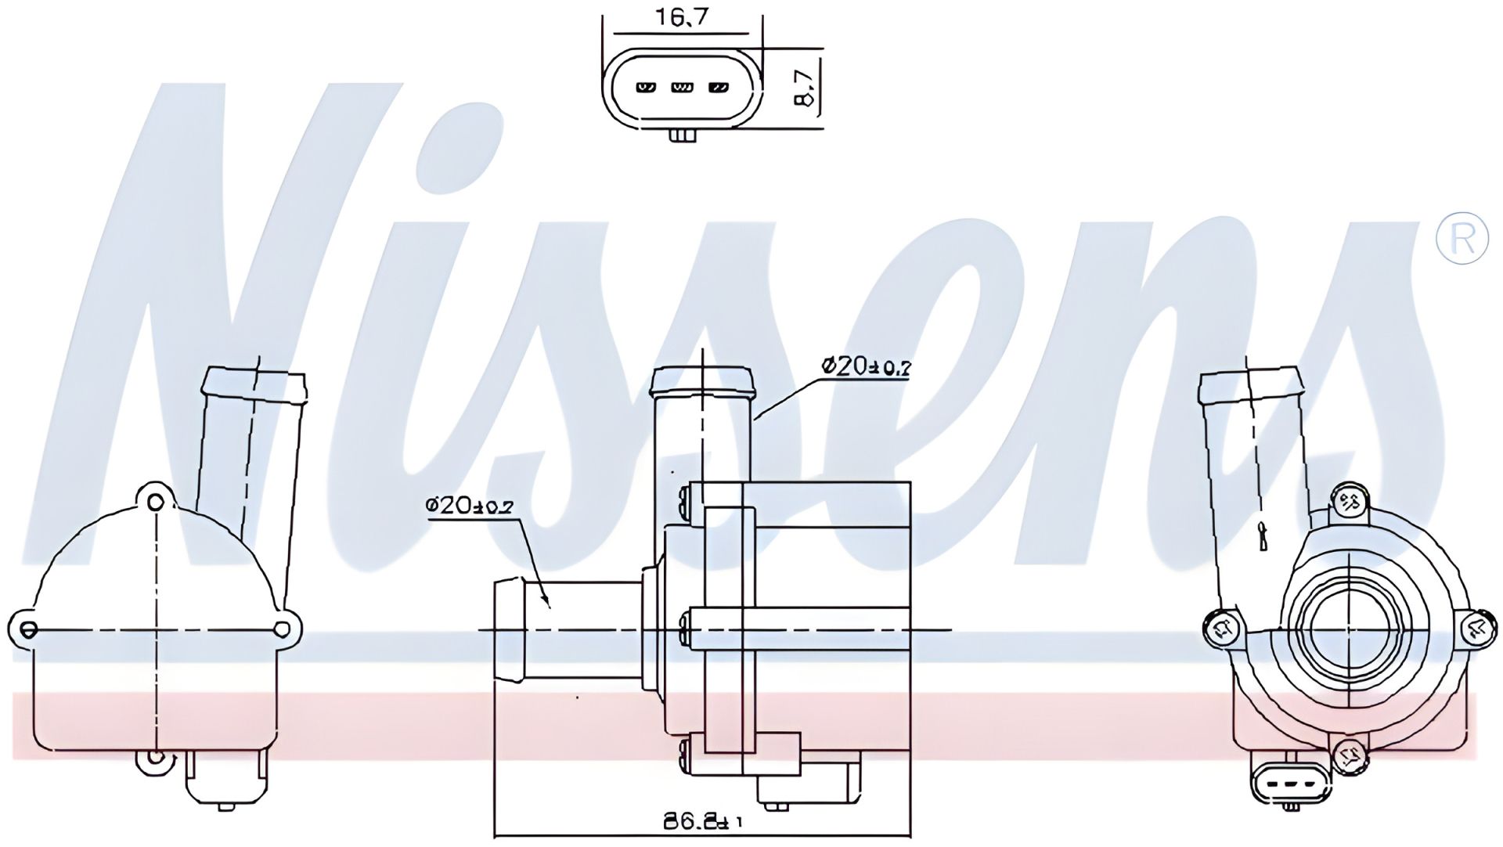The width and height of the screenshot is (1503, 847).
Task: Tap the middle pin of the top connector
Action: (x=683, y=87)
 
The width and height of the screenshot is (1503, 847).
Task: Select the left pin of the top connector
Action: (x=647, y=87)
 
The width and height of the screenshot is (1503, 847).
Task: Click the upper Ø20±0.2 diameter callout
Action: (x=865, y=366)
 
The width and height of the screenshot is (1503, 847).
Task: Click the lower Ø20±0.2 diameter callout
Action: (x=469, y=506)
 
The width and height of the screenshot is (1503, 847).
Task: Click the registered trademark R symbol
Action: (x=1462, y=237)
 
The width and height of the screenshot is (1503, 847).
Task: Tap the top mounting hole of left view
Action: (x=157, y=502)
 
